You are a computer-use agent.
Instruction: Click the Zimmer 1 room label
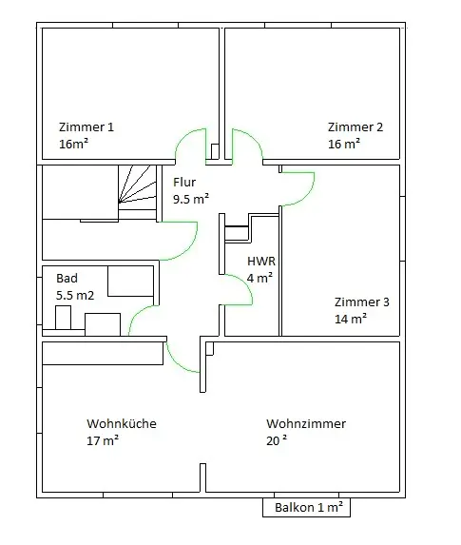click(x=86, y=127)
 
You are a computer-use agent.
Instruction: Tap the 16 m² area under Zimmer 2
click(x=344, y=144)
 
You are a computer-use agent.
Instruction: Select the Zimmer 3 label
click(x=361, y=302)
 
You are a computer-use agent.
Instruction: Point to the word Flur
click(x=184, y=182)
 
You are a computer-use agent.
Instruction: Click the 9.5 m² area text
click(x=191, y=199)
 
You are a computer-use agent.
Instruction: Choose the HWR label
click(x=261, y=261)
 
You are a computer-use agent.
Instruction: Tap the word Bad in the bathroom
click(x=67, y=279)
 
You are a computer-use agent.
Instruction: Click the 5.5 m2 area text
click(x=75, y=296)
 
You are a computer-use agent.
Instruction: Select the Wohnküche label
click(x=122, y=423)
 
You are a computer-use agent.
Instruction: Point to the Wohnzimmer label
click(x=306, y=423)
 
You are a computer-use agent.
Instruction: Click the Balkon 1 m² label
click(x=309, y=508)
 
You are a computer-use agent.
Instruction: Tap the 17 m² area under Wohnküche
click(x=103, y=440)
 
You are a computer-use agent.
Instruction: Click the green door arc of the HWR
click(x=245, y=283)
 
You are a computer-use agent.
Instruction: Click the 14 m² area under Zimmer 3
click(x=351, y=319)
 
